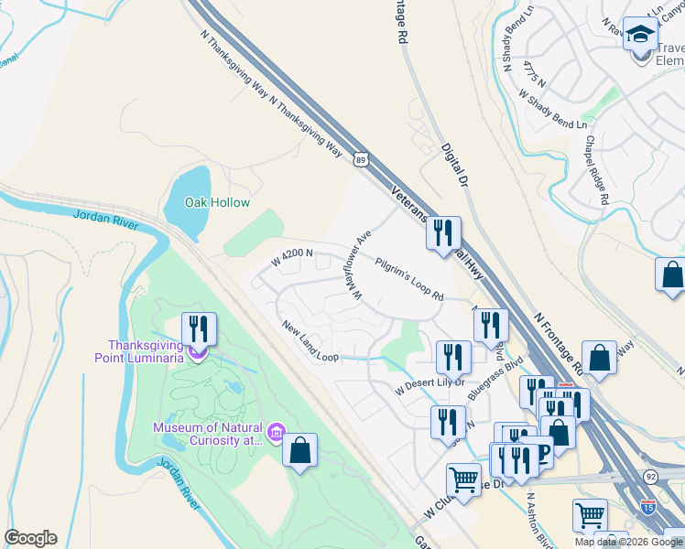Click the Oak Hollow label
(x=217, y=202)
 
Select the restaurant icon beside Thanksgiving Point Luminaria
(x=199, y=328)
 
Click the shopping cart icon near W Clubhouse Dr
(x=463, y=479)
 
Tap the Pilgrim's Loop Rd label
(x=409, y=279)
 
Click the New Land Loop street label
(x=310, y=341)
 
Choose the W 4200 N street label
(x=292, y=258)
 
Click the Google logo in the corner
(x=30, y=538)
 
